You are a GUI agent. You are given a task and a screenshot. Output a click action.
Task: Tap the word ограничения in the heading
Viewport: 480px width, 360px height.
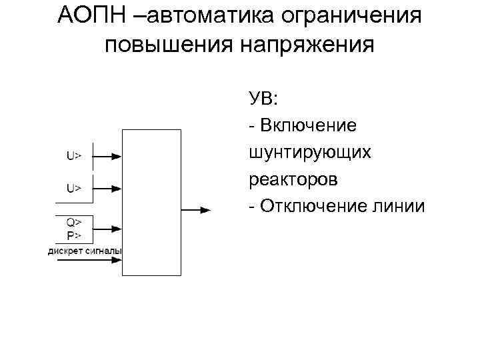click(363, 15)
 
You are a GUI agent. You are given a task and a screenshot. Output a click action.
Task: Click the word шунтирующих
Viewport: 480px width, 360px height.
click(309, 153)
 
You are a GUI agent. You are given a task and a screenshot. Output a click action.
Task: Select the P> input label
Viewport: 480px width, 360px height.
click(73, 235)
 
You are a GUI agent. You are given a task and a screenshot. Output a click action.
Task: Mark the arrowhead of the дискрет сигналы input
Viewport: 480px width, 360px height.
click(117, 260)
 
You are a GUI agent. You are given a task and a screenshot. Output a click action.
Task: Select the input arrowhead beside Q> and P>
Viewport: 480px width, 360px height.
click(117, 229)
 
